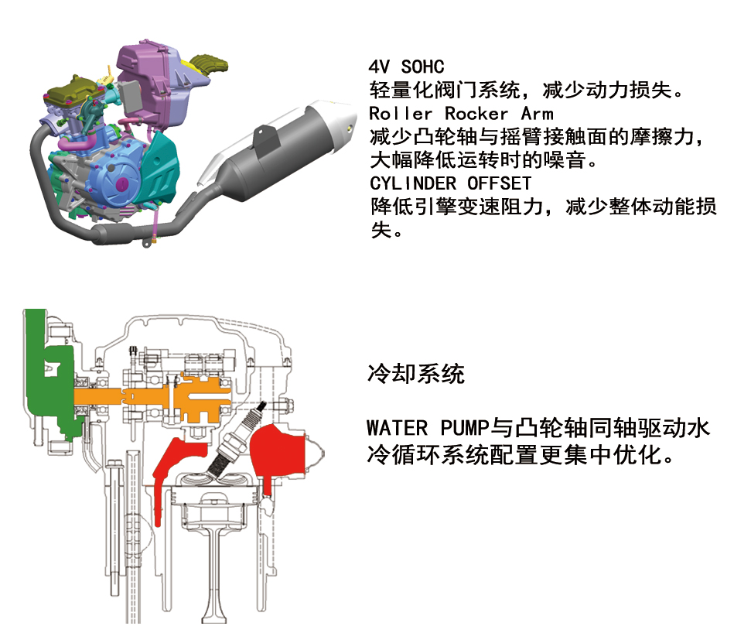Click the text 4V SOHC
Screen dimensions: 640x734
click(406, 67)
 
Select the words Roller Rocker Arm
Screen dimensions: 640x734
click(461, 114)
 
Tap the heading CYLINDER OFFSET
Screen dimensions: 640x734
click(450, 183)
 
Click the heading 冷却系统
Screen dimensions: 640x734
click(415, 375)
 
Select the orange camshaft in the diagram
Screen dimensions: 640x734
click(155, 396)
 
